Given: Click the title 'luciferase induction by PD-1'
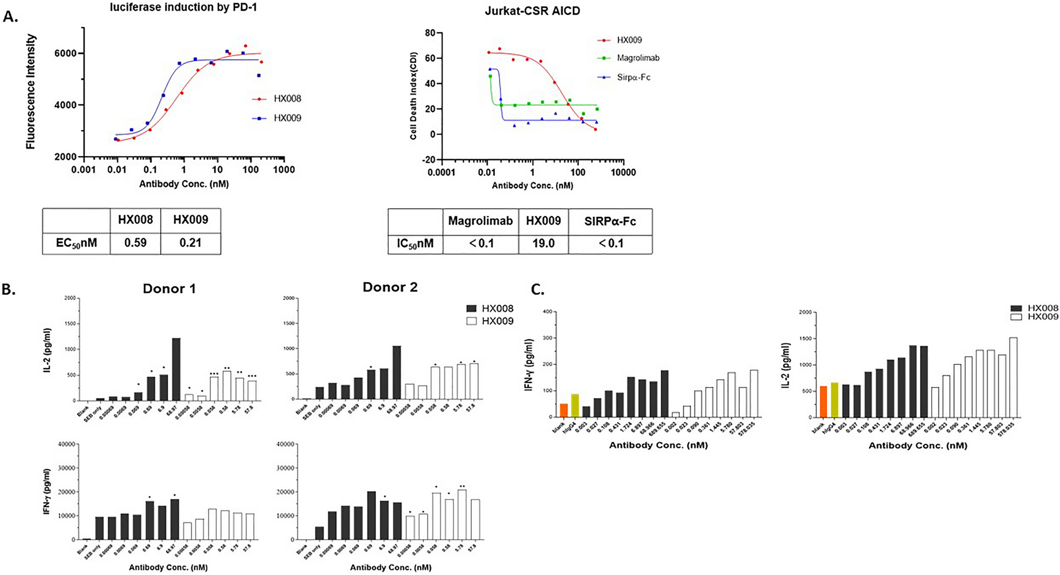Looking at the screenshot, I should [183, 7].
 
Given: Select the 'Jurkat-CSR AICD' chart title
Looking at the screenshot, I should [532, 11].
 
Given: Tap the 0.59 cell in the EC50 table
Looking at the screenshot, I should [135, 243].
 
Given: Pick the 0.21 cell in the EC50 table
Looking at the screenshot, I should [190, 243].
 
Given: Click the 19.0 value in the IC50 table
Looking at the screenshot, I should [543, 243].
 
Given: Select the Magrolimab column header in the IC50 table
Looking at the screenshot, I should [480, 221].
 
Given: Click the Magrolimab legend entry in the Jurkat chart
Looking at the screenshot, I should [637, 58].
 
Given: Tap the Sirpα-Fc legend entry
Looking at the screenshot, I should [633, 78].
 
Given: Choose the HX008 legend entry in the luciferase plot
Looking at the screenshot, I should [287, 99].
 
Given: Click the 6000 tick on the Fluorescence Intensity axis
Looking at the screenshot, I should [66, 53].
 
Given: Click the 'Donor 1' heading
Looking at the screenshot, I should [169, 289].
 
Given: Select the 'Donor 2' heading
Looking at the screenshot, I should [390, 287].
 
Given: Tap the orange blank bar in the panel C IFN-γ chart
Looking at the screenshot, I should [564, 410].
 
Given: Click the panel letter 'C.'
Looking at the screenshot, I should [538, 290].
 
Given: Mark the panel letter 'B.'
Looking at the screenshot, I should [9, 290].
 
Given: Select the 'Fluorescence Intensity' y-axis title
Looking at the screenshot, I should [31, 92].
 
